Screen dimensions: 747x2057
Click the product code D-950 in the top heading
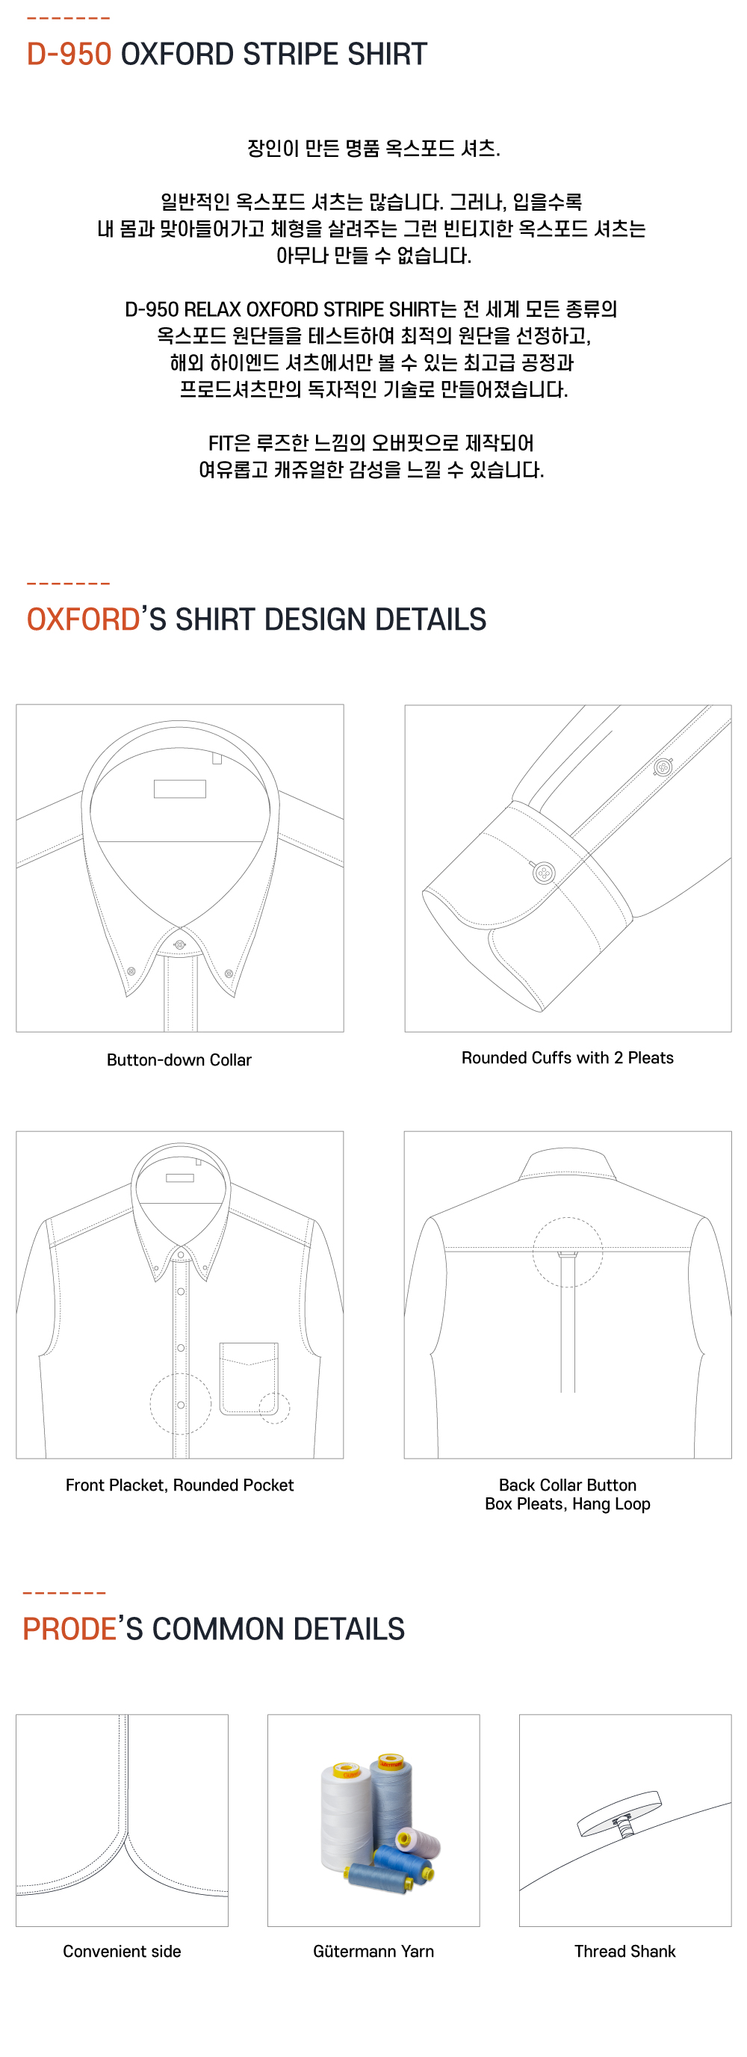tap(69, 55)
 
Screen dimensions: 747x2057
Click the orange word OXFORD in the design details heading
tap(83, 619)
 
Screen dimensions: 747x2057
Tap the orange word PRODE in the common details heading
tap(69, 1629)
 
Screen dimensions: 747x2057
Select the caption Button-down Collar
tap(179, 1060)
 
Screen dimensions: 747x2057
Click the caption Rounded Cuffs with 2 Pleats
tap(568, 1057)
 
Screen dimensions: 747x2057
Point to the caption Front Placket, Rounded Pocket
tap(179, 1485)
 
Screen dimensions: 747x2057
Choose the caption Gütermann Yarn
tap(373, 1951)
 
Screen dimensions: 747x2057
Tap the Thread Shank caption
tap(625, 1951)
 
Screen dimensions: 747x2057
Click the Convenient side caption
tap(122, 1951)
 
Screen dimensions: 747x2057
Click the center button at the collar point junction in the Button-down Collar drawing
tap(179, 944)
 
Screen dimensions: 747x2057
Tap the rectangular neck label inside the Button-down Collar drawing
tap(179, 789)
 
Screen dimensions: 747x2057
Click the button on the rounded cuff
tap(545, 873)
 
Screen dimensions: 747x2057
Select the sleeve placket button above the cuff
tap(663, 767)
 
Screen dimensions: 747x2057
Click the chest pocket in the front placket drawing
tap(249, 1379)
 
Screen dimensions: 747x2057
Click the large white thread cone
tap(347, 1816)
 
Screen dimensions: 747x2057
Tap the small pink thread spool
tap(418, 1841)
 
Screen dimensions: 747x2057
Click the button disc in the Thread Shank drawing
tap(619, 1813)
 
